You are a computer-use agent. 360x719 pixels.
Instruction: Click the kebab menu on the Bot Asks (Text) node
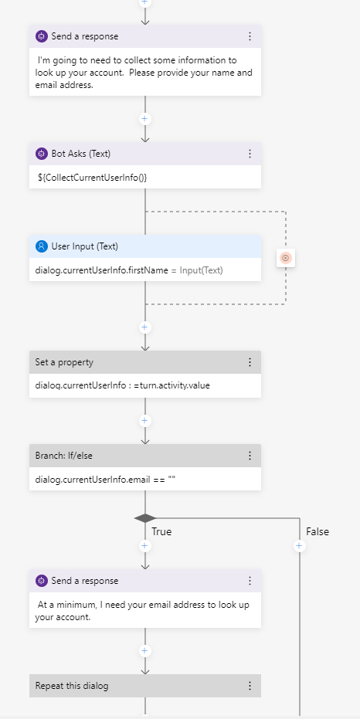click(250, 154)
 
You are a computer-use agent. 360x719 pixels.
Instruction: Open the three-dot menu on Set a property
click(250, 362)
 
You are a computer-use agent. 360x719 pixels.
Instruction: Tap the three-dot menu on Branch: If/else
click(250, 456)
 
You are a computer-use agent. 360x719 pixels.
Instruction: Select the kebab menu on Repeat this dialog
click(250, 686)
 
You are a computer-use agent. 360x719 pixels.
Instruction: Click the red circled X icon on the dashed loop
click(286, 258)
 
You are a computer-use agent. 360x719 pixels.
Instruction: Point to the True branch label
click(161, 531)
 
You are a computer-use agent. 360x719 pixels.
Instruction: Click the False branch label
click(318, 531)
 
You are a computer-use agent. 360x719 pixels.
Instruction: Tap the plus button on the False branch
click(299, 546)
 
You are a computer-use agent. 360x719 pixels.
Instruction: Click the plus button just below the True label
click(145, 546)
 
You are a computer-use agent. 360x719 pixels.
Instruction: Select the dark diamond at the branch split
click(145, 518)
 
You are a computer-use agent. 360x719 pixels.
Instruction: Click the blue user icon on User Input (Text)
click(42, 246)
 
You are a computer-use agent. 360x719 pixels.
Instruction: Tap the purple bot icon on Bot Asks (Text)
click(42, 154)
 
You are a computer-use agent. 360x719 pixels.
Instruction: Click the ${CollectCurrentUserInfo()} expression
click(93, 177)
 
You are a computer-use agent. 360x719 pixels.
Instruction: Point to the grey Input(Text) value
click(201, 270)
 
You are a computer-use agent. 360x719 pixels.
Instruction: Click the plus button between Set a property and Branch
click(145, 421)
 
